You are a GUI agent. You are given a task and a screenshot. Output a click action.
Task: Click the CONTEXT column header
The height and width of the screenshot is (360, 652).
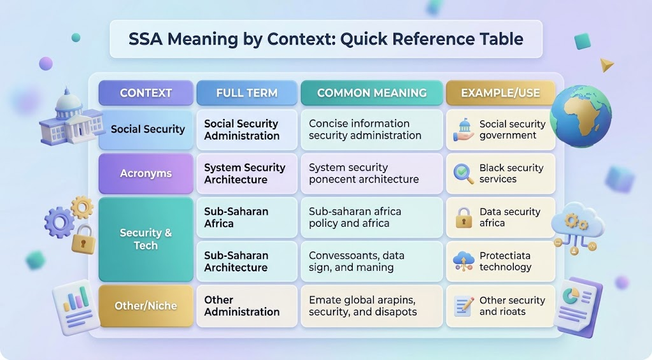click(x=146, y=93)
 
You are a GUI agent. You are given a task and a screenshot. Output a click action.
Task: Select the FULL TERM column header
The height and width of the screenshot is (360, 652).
click(x=247, y=93)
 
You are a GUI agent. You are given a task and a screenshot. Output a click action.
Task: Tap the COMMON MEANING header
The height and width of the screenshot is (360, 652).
click(x=372, y=93)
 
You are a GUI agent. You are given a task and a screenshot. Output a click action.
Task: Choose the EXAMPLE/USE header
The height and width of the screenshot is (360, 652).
click(x=500, y=93)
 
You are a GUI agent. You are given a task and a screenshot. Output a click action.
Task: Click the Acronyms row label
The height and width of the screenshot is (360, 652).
click(x=146, y=173)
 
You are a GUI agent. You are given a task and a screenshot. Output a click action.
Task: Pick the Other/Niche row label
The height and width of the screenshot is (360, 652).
click(x=146, y=306)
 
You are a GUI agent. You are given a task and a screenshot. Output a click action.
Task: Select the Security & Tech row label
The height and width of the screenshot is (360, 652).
click(x=146, y=240)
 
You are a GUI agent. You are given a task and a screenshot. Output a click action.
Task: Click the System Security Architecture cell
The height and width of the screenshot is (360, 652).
click(x=247, y=173)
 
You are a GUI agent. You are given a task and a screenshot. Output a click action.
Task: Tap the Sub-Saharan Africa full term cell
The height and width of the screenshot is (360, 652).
click(x=247, y=217)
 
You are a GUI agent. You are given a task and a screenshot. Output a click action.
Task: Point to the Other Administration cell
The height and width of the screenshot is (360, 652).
click(x=247, y=306)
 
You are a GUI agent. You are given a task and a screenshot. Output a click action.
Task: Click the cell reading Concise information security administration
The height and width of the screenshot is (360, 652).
click(x=372, y=129)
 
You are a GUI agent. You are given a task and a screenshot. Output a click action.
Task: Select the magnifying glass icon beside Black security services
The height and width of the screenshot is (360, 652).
click(x=464, y=173)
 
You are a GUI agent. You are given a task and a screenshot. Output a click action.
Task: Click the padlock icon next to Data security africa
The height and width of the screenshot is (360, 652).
click(x=464, y=218)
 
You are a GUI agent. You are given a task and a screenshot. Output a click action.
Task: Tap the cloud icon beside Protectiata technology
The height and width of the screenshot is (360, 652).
click(x=464, y=261)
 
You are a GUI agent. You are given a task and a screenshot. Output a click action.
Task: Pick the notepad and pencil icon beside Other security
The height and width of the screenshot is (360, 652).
click(x=464, y=306)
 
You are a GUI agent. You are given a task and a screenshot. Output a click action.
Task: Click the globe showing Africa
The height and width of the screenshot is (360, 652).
click(x=581, y=116)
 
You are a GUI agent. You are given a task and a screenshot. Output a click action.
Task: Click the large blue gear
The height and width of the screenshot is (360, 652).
click(x=59, y=222)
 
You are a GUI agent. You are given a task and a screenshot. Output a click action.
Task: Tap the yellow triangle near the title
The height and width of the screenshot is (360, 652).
click(x=607, y=65)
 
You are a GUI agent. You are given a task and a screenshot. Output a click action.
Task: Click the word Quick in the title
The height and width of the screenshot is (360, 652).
click(x=364, y=39)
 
